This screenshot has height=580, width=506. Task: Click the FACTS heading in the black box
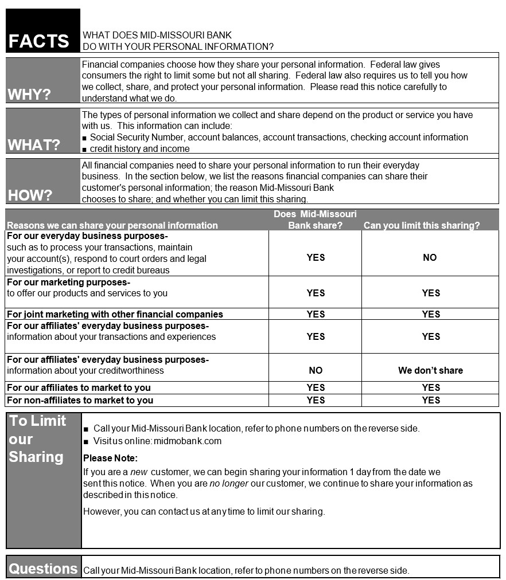[38, 41]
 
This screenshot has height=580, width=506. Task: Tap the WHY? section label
[29, 95]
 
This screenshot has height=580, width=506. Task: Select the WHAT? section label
[34, 145]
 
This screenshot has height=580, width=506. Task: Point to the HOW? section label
[30, 195]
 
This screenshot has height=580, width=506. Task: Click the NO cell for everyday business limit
[430, 258]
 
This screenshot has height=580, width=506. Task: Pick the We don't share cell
[430, 370]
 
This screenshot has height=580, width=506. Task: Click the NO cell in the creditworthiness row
[316, 370]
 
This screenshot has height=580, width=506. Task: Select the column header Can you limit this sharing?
[422, 225]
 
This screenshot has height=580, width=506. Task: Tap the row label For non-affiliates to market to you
[80, 400]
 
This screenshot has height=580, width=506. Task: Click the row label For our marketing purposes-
[69, 282]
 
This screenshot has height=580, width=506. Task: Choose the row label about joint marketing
[115, 314]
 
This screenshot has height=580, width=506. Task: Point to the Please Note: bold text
[111, 458]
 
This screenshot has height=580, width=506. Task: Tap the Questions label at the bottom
[43, 569]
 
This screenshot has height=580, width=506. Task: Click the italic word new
[139, 472]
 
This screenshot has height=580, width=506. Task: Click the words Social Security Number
[137, 138]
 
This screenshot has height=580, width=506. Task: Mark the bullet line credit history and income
[139, 149]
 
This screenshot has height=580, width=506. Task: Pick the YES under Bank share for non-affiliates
[316, 400]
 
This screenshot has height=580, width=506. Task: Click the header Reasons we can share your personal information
[112, 225]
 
